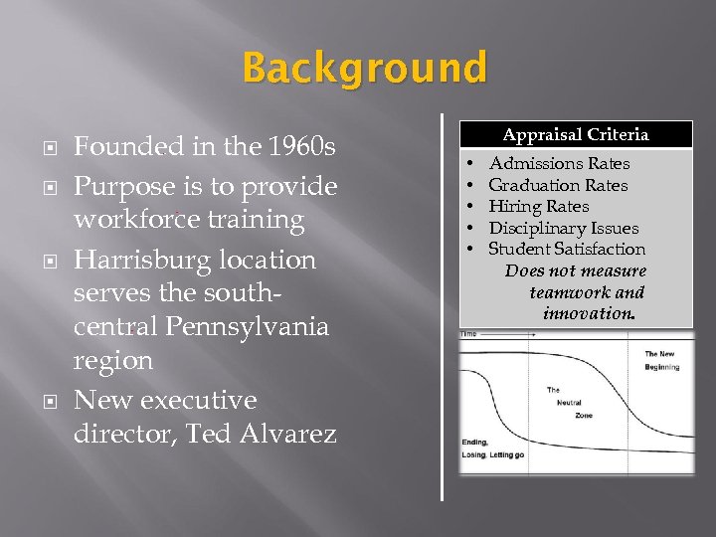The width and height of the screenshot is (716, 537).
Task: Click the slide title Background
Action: click(365, 70)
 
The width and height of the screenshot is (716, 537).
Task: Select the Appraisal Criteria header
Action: click(575, 134)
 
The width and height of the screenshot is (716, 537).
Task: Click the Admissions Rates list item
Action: click(559, 163)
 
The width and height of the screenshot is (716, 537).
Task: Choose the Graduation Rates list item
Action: click(558, 185)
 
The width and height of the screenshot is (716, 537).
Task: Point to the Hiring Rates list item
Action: click(538, 207)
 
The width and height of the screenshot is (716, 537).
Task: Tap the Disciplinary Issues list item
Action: click(563, 229)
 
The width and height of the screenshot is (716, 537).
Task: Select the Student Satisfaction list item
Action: click(567, 250)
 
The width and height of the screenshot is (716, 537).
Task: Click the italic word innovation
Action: click(589, 314)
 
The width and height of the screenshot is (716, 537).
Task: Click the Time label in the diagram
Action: click(468, 335)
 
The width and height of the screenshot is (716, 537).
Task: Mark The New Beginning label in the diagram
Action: click(660, 360)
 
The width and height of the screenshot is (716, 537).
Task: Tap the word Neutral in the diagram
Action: click(570, 402)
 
